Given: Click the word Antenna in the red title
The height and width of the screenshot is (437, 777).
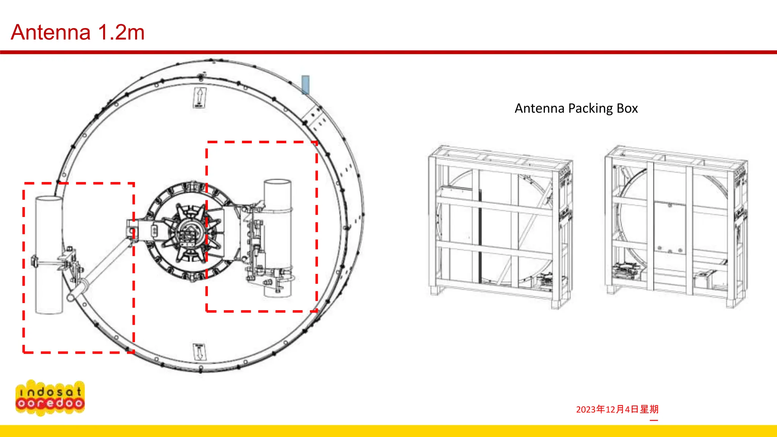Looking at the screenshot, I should (50, 32).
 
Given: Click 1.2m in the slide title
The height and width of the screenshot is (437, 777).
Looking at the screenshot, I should (121, 32).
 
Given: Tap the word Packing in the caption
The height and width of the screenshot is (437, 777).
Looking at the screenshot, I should (590, 108).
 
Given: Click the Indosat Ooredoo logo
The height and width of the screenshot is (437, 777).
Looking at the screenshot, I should (50, 398).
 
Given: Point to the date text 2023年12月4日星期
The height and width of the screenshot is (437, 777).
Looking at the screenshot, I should (617, 409).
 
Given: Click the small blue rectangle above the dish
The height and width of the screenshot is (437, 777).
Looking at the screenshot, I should (305, 85).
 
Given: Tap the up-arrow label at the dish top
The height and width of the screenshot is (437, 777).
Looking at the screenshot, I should (200, 97).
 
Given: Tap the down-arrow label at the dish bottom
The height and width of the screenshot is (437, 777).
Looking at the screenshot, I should (200, 352).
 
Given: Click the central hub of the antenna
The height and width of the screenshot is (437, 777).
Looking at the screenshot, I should (189, 232).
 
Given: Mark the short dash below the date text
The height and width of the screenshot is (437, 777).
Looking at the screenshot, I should (654, 420).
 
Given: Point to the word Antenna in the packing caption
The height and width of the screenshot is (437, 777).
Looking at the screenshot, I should (539, 108).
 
